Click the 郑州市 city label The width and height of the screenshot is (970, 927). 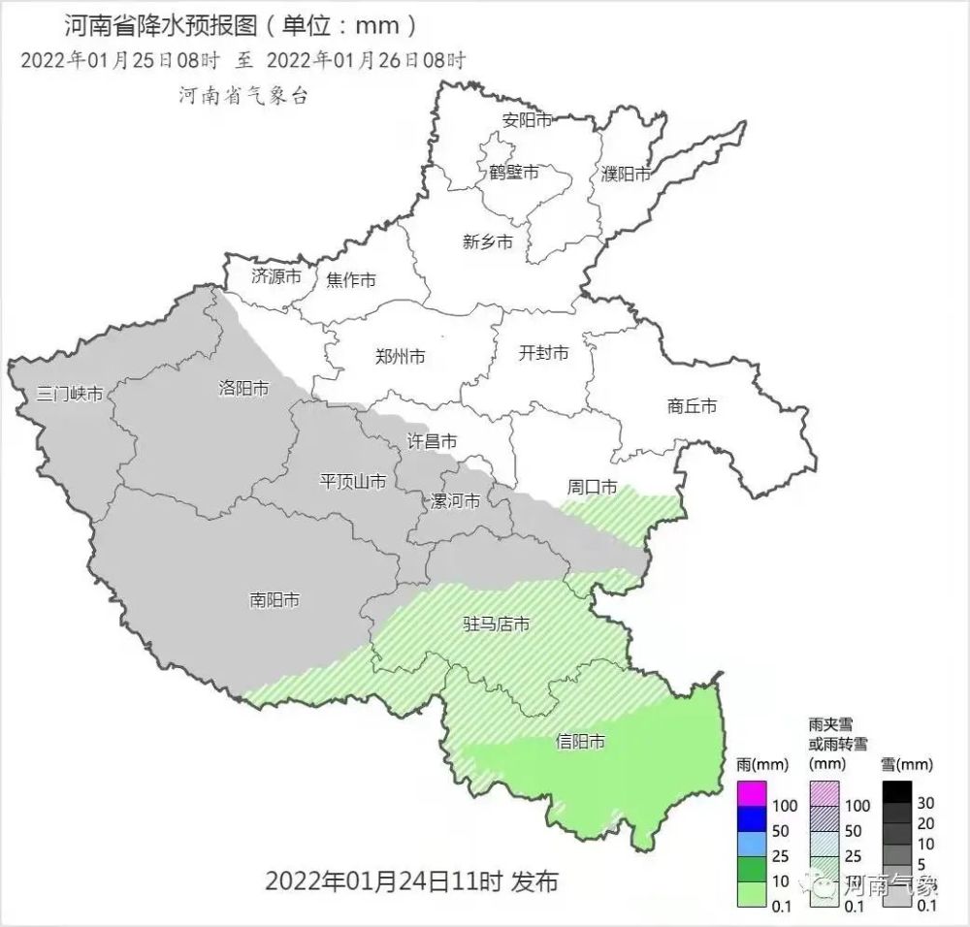coord(400,356)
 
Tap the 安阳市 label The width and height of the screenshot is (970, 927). coord(527,120)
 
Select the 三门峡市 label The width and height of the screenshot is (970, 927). coord(69,395)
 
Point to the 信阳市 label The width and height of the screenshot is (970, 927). coord(580,742)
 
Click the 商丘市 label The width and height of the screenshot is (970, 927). coord(692,406)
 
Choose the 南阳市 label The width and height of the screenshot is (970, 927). coord(274,600)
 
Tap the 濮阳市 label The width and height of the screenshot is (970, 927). coord(625,174)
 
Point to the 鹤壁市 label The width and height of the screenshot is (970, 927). coord(513,173)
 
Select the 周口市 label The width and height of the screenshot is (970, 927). coord(592,487)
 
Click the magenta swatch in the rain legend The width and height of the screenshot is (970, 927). coord(751,793)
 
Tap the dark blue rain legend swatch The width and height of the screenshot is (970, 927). coord(751,820)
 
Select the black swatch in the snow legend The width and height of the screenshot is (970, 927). coord(899,793)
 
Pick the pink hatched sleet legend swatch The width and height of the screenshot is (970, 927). coord(825,793)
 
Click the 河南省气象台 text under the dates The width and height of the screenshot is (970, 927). coord(242,94)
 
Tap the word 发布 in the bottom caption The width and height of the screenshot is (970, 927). coord(533,881)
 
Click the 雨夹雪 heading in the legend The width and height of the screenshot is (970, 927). coord(830,724)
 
